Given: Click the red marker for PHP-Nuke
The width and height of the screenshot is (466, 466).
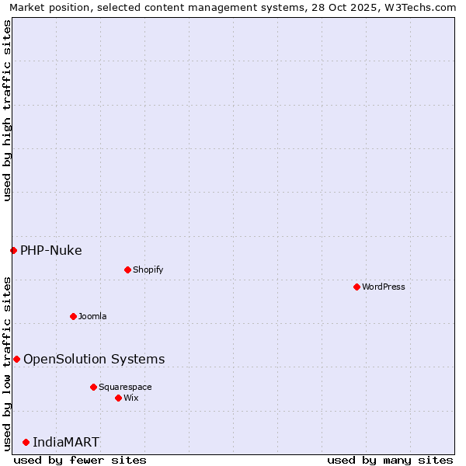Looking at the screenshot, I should pos(13,250).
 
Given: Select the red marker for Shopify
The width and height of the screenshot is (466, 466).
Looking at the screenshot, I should pos(127,270).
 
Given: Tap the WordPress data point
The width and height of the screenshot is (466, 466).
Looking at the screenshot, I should pos(356,287).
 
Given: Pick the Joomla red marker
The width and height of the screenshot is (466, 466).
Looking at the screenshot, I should pos(73,316).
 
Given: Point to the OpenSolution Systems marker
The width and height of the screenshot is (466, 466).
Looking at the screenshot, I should pos(16,359).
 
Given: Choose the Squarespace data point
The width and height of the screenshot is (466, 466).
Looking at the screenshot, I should pos(93,387).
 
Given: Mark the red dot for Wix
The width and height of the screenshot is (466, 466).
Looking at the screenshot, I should pos(118,398).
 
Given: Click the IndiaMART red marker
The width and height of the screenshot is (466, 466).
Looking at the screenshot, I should pos(26,442).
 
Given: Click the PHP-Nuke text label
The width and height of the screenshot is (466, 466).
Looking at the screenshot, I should pos(51,250).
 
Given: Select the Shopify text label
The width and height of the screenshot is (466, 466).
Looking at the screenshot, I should pos(148,270).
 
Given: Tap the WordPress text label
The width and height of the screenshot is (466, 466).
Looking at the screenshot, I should pos(384,287).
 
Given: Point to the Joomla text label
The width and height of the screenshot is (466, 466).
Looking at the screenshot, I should pos(92,316).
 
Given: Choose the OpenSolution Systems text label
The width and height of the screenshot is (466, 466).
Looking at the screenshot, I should pos(94,359).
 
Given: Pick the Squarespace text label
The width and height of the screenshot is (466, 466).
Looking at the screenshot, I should pos(125,387).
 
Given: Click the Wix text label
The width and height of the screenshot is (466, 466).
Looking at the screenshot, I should pos(130,398).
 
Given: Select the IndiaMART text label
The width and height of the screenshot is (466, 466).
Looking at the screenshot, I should pos(66,442).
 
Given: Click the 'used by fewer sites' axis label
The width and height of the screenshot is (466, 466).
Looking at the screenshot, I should pos(80,460).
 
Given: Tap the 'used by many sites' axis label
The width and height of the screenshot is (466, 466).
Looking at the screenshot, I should pos(390,460).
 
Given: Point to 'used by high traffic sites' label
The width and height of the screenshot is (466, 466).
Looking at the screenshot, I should pos(7,111).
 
